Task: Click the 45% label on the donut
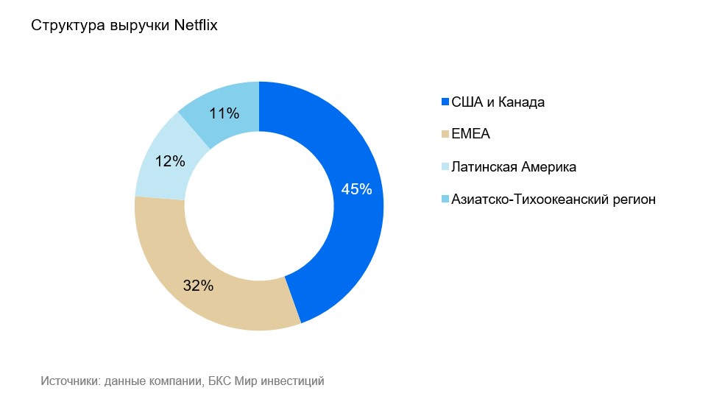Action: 357,189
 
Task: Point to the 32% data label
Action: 198,286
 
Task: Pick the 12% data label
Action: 170,161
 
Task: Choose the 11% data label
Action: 224,113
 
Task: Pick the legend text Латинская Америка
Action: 514,167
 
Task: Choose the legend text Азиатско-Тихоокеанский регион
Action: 553,199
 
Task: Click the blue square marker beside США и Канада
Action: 445,102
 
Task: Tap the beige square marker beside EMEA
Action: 445,135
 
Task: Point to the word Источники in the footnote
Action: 69,381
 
